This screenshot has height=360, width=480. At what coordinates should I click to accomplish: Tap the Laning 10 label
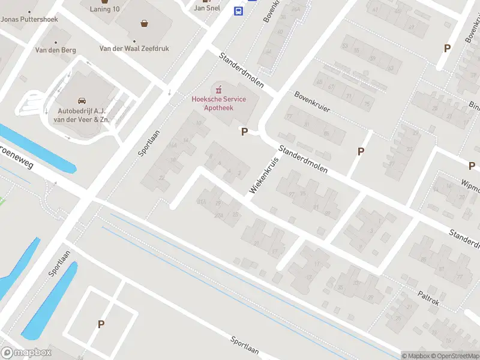[x=106, y=9]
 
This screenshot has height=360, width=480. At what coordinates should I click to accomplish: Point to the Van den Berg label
[x=55, y=50]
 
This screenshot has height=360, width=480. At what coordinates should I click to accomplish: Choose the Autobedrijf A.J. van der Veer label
[x=83, y=115]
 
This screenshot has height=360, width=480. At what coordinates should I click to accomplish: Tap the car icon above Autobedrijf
[x=82, y=101]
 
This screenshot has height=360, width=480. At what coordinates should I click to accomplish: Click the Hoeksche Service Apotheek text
[x=218, y=103]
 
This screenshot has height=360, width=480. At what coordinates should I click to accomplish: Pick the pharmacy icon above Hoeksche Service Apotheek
[x=218, y=89]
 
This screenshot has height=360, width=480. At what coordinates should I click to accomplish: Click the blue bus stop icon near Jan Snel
[x=238, y=10]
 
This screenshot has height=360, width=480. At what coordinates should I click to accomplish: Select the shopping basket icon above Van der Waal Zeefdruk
[x=145, y=24]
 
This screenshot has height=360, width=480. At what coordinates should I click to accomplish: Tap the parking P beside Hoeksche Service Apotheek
[x=244, y=131]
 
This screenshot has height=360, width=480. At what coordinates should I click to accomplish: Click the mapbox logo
[x=26, y=353]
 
